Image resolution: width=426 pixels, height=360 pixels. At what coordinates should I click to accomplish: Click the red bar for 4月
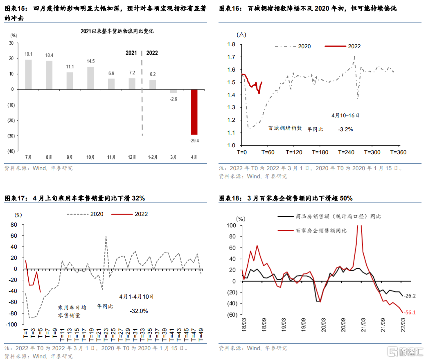tap(194, 112)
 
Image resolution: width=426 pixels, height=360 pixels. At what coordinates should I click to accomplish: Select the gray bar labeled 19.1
tap(28, 74)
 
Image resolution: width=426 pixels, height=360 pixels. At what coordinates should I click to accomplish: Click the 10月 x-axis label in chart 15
tap(90, 157)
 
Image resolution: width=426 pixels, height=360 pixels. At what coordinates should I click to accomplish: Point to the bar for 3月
tap(173, 91)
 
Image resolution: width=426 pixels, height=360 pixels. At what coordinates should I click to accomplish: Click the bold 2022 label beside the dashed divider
tap(152, 53)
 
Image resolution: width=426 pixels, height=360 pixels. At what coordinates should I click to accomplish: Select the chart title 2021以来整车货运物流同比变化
tap(111, 31)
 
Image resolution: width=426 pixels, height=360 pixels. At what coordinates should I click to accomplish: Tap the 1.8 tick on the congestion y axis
tap(231, 45)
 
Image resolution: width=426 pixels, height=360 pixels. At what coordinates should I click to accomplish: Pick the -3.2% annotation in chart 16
tap(345, 129)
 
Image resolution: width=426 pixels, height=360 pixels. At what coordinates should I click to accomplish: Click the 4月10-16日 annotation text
tap(345, 115)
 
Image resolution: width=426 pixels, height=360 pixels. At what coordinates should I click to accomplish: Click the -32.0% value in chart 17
tap(139, 311)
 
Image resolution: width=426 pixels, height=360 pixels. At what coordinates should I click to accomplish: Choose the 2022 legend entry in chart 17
tap(141, 214)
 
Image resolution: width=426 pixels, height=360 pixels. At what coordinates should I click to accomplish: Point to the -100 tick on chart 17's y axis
tap(13, 324)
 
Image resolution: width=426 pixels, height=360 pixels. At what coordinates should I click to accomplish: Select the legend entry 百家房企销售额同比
tap(321, 231)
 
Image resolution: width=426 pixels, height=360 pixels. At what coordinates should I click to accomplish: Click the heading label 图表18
tap(229, 198)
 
